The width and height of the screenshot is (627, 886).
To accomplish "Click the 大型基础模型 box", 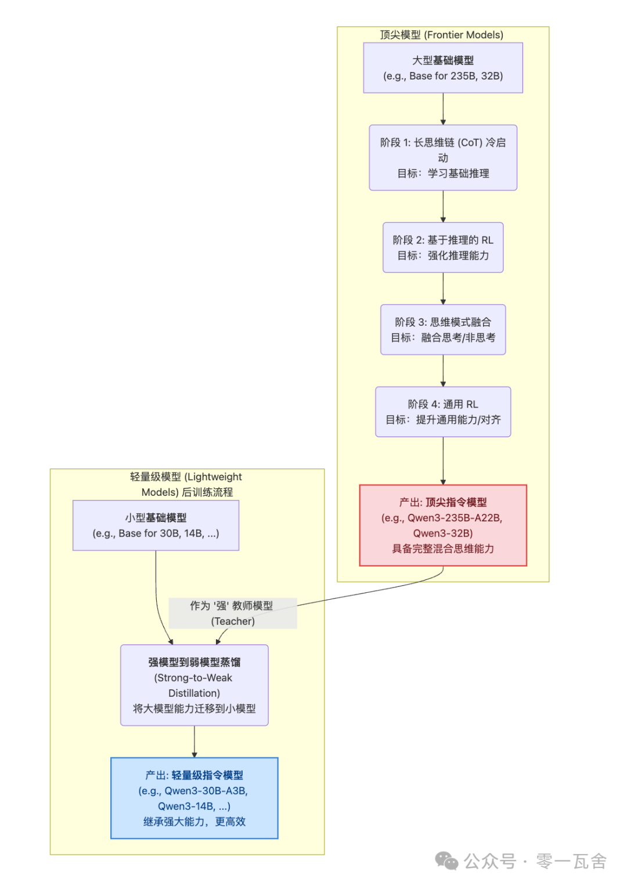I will [443, 68].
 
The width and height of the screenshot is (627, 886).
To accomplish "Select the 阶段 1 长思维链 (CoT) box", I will [443, 157].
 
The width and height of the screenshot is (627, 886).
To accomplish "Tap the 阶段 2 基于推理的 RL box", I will [443, 247].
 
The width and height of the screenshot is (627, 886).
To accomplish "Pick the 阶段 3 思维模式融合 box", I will [443, 329].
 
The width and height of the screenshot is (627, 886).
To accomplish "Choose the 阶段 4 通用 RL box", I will [443, 412].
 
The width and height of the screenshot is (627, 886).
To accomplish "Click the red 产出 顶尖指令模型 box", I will [443, 525].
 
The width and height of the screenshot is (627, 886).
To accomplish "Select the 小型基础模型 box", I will [156, 525].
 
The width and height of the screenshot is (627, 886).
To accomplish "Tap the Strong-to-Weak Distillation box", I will [194, 685].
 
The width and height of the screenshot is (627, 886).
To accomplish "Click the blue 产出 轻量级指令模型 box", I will [194, 798].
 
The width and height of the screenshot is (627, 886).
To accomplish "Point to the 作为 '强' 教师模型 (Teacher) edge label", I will [232, 613].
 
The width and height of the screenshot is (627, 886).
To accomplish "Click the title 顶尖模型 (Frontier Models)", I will [441, 35].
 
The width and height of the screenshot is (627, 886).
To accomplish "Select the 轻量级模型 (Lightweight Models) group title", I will [186, 484].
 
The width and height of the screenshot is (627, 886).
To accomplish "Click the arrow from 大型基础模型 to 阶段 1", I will [443, 109].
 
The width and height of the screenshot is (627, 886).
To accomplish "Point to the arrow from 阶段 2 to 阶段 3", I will [443, 288].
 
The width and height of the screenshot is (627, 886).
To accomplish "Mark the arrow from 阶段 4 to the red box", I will [443, 460].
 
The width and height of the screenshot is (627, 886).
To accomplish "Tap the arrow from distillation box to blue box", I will [194, 741].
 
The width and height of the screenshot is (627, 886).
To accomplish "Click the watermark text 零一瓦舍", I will [571, 861].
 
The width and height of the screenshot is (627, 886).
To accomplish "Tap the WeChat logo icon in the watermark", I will [446, 861].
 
